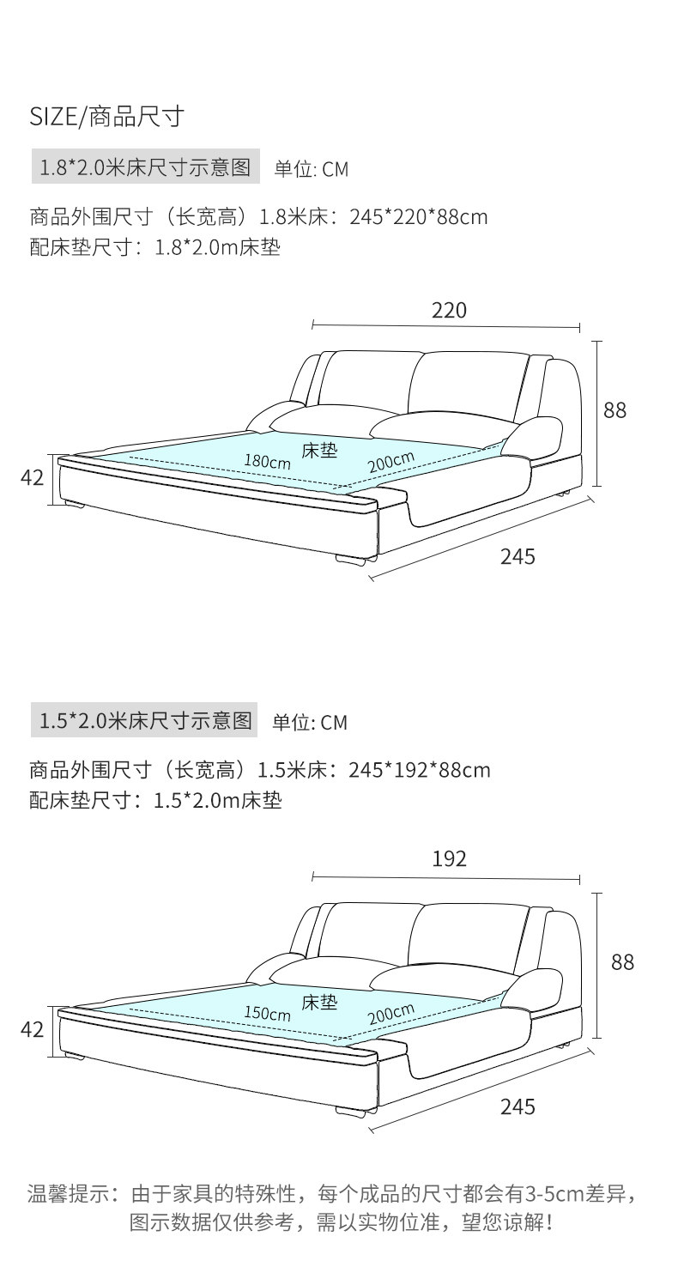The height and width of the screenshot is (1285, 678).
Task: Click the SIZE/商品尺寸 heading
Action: tap(107, 116)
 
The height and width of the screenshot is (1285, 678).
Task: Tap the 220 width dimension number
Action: tap(449, 310)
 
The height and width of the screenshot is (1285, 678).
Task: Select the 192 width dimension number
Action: tap(449, 859)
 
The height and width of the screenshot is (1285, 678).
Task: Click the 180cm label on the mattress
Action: tap(267, 461)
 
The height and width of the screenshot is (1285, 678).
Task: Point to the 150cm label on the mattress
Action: tap(267, 1013)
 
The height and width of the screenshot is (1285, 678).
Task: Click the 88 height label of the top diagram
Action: tap(614, 410)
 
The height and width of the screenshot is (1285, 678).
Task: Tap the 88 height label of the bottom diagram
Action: tap(622, 962)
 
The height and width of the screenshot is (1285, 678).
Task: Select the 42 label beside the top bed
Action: tap(32, 478)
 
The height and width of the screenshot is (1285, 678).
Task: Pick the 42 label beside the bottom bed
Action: tap(32, 1029)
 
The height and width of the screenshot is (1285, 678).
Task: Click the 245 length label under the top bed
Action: tap(518, 556)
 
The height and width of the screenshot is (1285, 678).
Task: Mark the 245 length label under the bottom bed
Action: tap(518, 1107)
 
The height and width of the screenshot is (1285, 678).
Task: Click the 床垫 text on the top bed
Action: tap(319, 450)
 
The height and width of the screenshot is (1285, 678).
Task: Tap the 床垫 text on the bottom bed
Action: tap(319, 1002)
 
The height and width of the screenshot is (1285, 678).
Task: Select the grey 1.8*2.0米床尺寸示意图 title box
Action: tap(145, 167)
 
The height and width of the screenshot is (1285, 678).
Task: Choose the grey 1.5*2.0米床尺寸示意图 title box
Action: tap(144, 720)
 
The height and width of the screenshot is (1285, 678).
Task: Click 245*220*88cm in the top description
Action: tap(419, 217)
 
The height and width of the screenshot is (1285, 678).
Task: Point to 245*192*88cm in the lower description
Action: tap(420, 769)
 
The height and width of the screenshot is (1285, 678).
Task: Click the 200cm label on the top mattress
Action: tap(391, 461)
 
